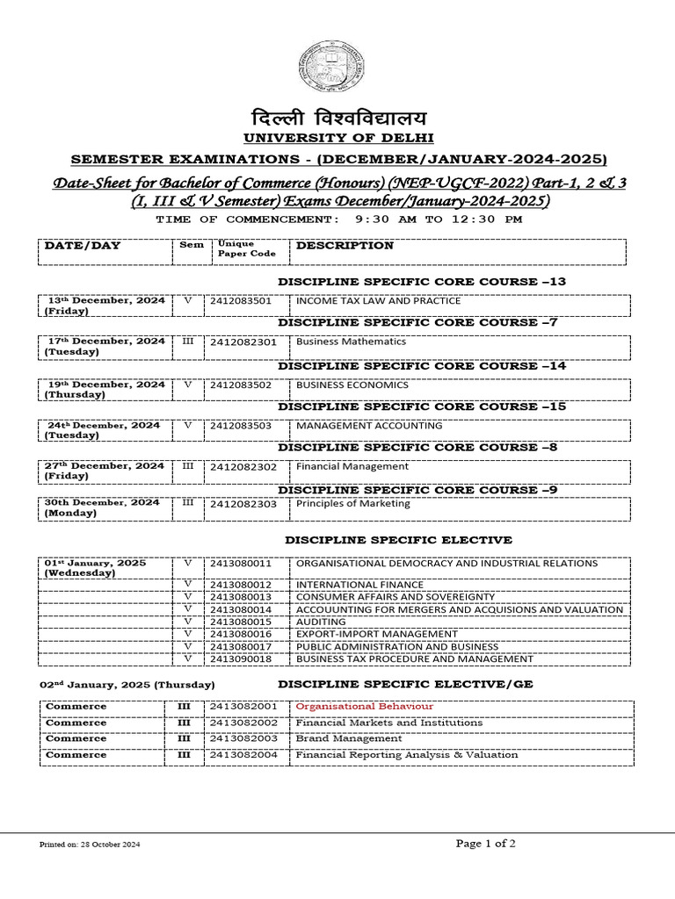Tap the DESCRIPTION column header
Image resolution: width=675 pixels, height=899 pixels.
[x=345, y=246]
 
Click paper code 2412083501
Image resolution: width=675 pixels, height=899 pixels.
[x=241, y=300]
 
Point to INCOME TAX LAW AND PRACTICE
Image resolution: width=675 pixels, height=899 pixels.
[x=378, y=300]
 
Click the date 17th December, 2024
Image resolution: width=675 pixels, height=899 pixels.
[x=105, y=341]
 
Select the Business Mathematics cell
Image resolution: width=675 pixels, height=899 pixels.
[x=351, y=342]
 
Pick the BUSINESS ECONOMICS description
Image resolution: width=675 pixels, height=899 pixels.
[x=352, y=385]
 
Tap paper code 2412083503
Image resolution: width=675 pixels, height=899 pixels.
[x=241, y=426]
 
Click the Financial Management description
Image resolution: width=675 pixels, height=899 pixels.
[x=352, y=466]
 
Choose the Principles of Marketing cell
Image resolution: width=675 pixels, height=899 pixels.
[x=352, y=504]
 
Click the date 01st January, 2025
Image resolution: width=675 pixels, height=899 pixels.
[x=96, y=563]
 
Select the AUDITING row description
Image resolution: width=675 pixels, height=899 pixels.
[x=321, y=622]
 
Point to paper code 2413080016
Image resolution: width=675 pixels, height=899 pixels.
[x=241, y=634]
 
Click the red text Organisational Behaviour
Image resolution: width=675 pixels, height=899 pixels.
[x=364, y=707]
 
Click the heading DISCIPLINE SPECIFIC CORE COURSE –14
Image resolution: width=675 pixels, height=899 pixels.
[x=422, y=365]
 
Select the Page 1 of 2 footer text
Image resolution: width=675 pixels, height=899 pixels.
[x=486, y=844]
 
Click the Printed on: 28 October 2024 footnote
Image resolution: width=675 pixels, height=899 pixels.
[x=90, y=845]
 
